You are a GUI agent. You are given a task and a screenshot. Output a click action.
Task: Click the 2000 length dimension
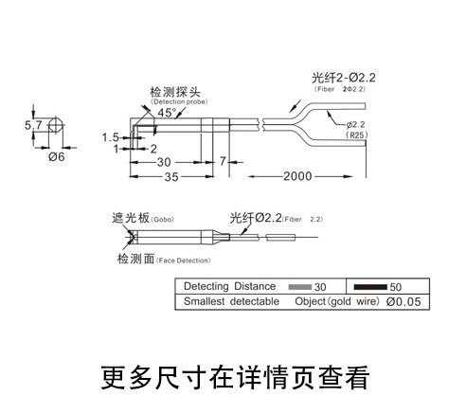297,176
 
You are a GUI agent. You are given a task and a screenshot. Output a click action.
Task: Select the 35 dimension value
171,177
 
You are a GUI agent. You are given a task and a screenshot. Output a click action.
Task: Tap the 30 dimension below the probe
164,162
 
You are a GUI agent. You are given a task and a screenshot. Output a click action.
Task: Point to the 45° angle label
167,113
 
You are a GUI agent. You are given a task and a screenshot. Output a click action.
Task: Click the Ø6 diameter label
57,156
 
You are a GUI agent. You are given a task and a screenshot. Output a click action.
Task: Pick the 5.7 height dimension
33,125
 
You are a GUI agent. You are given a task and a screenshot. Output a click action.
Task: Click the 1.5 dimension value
110,137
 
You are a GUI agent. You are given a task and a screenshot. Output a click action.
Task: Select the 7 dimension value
223,161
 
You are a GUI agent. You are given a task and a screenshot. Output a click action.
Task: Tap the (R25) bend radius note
357,135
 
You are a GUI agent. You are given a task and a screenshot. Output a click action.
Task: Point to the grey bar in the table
300,287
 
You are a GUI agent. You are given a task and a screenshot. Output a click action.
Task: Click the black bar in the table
370,287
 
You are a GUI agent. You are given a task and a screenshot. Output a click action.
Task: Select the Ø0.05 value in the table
403,301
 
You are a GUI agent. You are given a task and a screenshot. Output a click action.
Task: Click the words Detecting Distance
229,286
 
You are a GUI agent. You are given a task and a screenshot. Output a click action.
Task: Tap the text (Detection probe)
179,101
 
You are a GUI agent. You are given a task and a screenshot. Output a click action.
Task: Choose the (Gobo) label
162,220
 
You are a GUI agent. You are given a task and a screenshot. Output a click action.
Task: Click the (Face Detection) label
183,261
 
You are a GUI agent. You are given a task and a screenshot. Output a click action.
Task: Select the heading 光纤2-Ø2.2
344,78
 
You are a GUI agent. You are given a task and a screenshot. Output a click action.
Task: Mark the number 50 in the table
396,287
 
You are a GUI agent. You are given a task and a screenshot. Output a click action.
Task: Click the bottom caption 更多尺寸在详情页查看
235,377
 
